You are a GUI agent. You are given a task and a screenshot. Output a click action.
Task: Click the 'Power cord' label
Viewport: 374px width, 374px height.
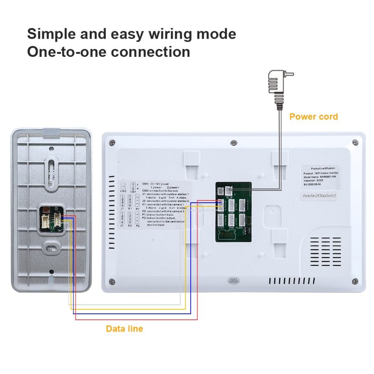pyautogui.click(x=313, y=117)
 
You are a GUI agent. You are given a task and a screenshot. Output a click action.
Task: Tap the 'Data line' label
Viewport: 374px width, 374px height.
pyautogui.click(x=124, y=329)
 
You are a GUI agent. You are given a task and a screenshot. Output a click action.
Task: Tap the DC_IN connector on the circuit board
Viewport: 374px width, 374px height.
pyautogui.click(x=227, y=191)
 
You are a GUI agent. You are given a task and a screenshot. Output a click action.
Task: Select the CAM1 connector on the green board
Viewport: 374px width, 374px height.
pyautogui.click(x=232, y=205)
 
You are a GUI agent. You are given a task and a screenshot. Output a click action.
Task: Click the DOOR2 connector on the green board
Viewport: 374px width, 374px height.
pyautogui.click(x=221, y=219)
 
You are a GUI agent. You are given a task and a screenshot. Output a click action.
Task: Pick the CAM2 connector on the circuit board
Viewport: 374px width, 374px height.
pyautogui.click(x=232, y=219)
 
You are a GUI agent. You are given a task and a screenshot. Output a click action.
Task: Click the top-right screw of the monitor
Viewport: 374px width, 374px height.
pyautogui.click(x=355, y=143)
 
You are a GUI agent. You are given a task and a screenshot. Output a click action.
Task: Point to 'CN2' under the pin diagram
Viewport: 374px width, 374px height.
pyautogui.click(x=123, y=191)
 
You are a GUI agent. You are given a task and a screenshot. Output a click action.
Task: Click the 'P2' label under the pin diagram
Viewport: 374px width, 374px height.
pyautogui.click(x=138, y=226)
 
